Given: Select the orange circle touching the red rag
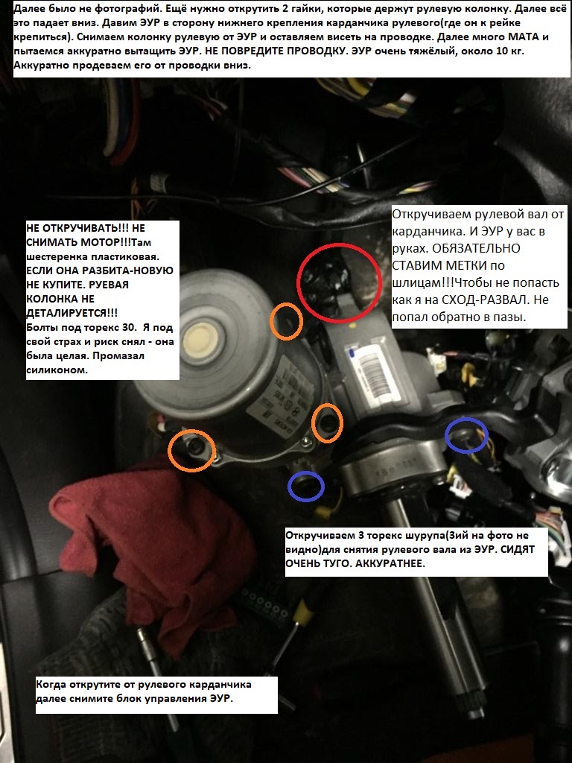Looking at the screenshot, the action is [191, 430].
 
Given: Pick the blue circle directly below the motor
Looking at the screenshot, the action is [305, 472].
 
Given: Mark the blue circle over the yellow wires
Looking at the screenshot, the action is [466, 419].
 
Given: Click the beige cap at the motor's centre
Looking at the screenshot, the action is [203, 338].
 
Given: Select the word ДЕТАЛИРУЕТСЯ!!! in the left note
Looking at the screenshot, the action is [72, 313].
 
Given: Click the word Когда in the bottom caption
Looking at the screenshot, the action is [51, 684].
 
